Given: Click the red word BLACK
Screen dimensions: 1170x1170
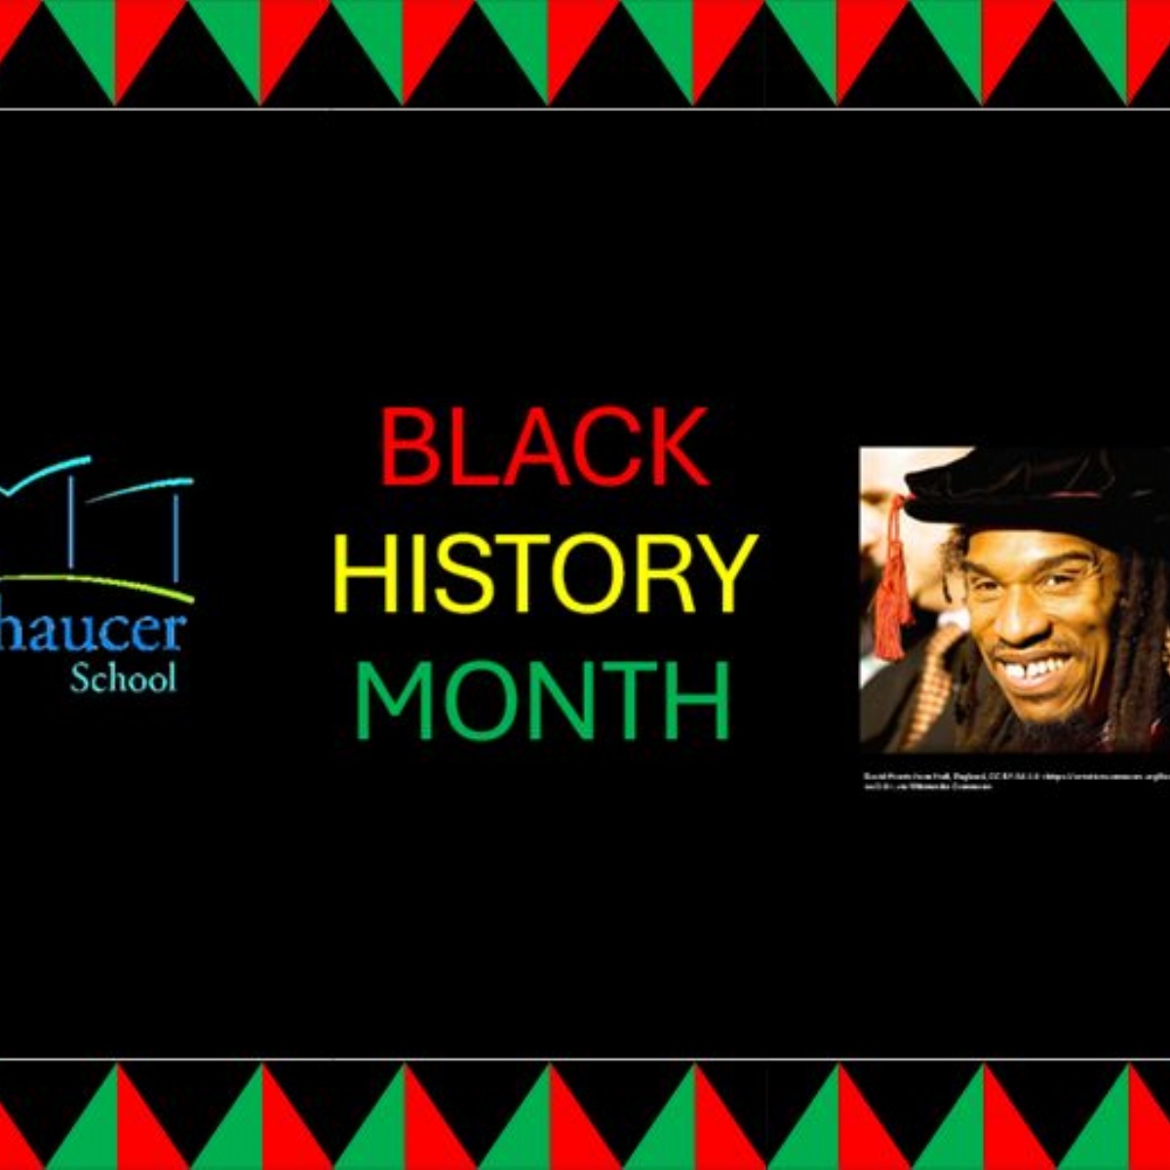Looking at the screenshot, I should (544, 448).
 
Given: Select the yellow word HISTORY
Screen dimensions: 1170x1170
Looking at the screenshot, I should (544, 574).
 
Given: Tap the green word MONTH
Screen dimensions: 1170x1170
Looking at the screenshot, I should (543, 700).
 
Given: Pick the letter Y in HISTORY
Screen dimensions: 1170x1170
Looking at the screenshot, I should (726, 574).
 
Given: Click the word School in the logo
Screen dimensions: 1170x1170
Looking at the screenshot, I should (123, 678).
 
